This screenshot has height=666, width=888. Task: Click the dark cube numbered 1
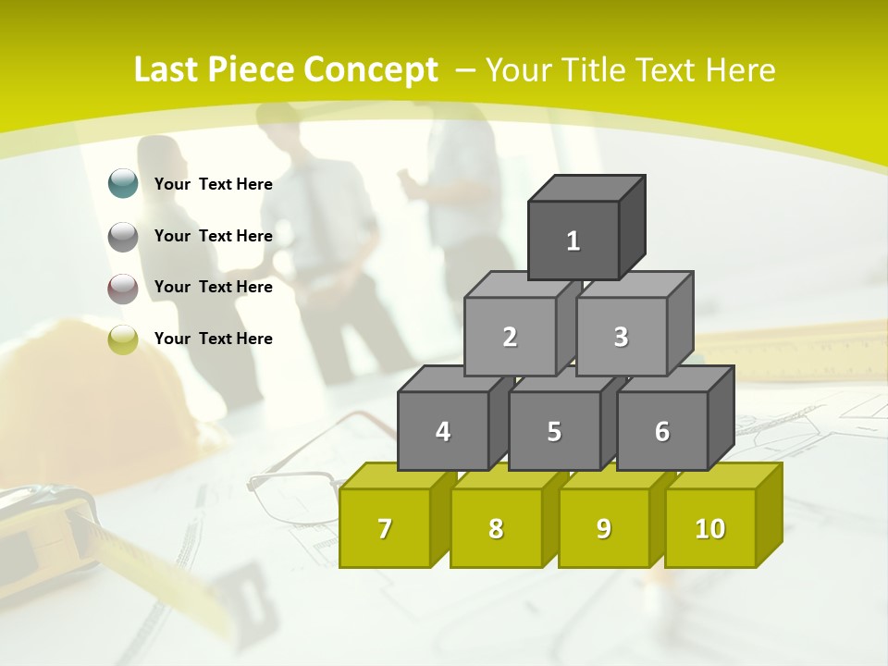click(x=573, y=240)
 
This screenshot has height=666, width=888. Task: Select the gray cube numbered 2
click(x=510, y=337)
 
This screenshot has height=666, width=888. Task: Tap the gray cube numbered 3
click(x=621, y=337)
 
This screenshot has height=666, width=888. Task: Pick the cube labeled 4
click(x=443, y=431)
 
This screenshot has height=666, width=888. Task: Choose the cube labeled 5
click(x=554, y=431)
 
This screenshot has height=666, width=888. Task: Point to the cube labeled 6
click(x=662, y=431)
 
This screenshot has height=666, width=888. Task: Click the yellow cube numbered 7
click(x=385, y=528)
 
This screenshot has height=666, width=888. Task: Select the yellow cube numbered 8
click(x=496, y=528)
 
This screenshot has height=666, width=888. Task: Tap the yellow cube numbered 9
click(x=604, y=528)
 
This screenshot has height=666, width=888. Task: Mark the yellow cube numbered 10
click(x=710, y=528)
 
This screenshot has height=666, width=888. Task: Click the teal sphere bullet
click(x=123, y=184)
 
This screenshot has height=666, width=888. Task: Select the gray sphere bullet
click(x=123, y=237)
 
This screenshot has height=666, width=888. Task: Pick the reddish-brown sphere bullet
click(x=123, y=288)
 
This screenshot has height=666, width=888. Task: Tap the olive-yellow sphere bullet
click(x=123, y=339)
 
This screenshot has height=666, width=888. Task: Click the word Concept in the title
click(x=370, y=70)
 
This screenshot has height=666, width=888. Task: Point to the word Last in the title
click(x=168, y=70)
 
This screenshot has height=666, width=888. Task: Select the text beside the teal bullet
click(x=214, y=184)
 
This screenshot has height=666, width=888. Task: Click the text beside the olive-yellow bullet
click(x=214, y=339)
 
